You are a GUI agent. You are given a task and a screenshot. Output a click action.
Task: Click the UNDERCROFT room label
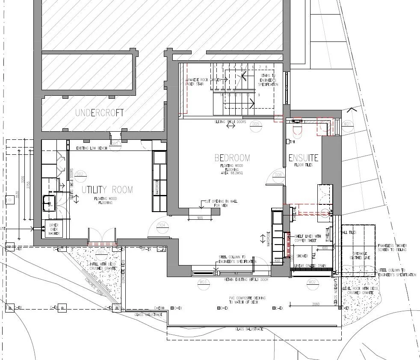coord(99,113)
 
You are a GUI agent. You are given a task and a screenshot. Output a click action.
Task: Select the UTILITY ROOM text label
coord(107,190)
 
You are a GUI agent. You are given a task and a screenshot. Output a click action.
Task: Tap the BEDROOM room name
coord(232,158)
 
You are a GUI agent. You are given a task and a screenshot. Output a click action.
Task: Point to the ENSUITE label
coord(303,158)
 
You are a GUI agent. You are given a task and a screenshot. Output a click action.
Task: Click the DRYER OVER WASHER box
coord(53,229)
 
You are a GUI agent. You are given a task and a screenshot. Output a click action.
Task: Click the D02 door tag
coord(79,174)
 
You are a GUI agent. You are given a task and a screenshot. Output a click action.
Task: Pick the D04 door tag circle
coord(161,225)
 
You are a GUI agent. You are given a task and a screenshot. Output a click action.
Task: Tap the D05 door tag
coord(256,124)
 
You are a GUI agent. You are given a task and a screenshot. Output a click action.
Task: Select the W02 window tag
coord(312,282)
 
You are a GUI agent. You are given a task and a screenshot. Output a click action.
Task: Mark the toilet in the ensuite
coord(297,127)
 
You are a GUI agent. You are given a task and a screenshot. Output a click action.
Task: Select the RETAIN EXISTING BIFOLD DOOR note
coord(246,280)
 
